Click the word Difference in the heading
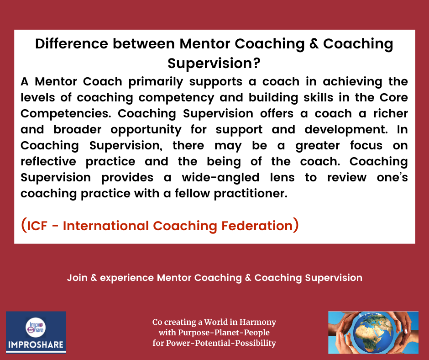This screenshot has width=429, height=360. (72, 44)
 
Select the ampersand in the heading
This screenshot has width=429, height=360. (314, 44)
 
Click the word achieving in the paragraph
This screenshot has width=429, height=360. (352, 82)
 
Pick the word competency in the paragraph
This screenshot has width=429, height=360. (176, 98)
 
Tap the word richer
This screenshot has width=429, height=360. (390, 113)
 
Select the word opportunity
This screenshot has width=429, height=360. (146, 130)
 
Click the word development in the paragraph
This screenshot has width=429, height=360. (346, 130)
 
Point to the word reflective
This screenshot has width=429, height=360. (48, 161)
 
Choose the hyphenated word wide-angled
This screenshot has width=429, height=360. (220, 178)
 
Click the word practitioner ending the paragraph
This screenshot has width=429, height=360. (251, 194)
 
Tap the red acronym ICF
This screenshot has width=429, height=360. (37, 226)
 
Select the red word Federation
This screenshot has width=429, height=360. (257, 226)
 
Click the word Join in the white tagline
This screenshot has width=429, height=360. (77, 278)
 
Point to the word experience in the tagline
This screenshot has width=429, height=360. (127, 278)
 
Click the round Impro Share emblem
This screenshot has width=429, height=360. (36, 328)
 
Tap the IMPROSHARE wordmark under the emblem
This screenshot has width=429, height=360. (36, 344)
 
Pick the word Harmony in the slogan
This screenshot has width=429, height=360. (257, 322)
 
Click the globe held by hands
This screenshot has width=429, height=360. (373, 333)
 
